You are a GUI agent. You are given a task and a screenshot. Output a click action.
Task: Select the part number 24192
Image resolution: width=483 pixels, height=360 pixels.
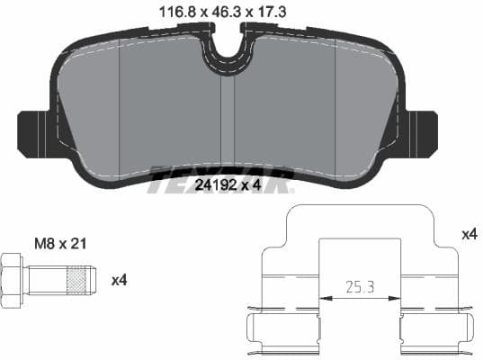(x=214, y=185)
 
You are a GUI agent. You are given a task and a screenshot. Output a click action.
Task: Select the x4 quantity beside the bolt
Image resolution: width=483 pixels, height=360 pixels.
(x=119, y=280)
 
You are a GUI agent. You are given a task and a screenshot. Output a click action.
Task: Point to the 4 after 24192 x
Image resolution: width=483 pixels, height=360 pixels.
(x=257, y=185)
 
